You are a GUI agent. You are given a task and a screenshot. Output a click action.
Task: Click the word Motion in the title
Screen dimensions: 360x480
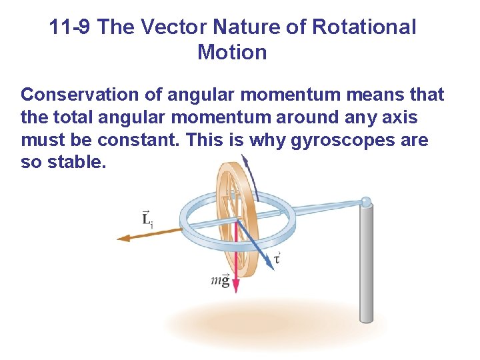click(x=232, y=53)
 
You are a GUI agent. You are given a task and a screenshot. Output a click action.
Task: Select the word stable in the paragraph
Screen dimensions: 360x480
click(x=78, y=163)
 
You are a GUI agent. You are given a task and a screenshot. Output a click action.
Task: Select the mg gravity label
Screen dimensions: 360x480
click(x=220, y=280)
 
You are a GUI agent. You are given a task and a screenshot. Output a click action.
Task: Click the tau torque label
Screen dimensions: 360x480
click(x=277, y=257)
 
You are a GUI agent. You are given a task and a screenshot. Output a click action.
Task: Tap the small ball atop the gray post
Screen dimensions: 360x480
click(x=366, y=201)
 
